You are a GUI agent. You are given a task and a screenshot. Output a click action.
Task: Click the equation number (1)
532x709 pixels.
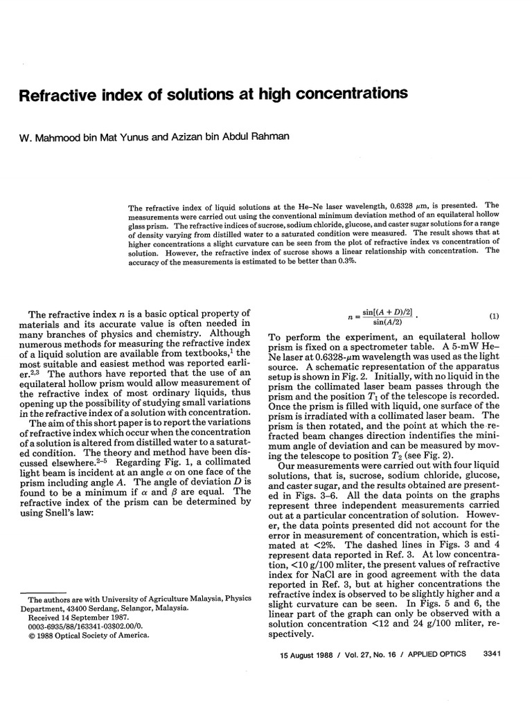[x=494, y=316]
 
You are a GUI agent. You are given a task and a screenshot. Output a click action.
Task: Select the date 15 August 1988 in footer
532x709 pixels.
[x=302, y=653]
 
